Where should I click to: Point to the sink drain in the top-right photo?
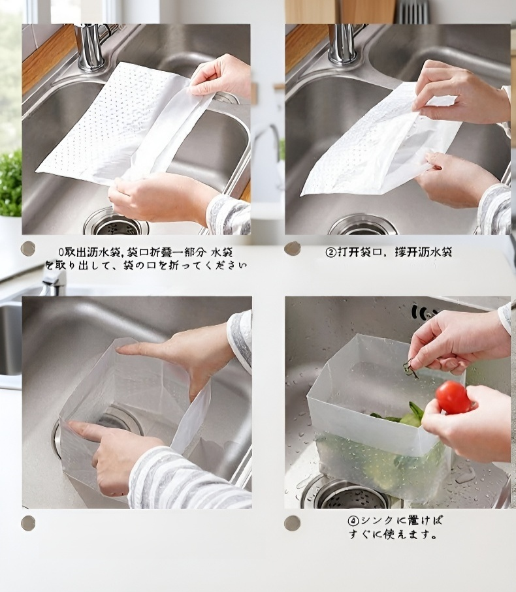[x=363, y=225]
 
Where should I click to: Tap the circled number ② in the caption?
[x=331, y=252]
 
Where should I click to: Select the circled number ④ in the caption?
[x=353, y=521]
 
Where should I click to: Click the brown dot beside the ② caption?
[x=293, y=248]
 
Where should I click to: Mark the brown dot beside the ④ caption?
[x=292, y=523]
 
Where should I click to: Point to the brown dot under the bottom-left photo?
[x=28, y=522]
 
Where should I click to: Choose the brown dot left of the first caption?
[x=28, y=248]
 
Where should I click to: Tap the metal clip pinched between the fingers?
[x=410, y=369]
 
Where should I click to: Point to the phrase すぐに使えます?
[x=392, y=535]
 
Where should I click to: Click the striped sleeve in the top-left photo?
[x=229, y=215]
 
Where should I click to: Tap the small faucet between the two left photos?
[x=54, y=279]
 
